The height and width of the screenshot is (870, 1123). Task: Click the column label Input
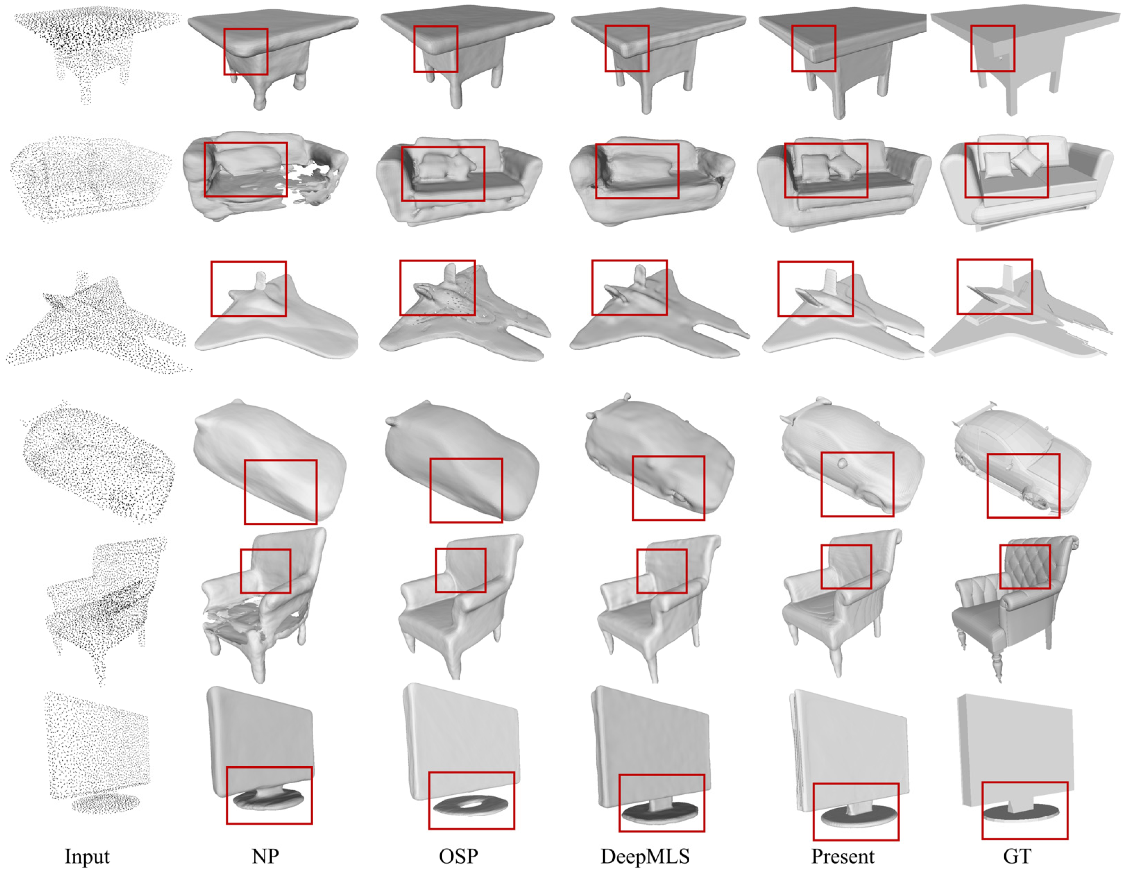click(x=87, y=856)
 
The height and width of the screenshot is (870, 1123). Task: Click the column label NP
click(x=265, y=856)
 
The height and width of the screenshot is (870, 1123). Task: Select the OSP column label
click(x=458, y=856)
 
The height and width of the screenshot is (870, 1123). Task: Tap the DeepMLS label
click(x=645, y=856)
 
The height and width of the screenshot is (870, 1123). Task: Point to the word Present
click(x=843, y=856)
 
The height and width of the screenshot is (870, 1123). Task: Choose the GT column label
click(x=1017, y=856)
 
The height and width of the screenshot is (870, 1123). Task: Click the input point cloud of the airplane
click(x=98, y=324)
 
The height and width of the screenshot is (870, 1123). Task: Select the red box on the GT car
click(x=1023, y=454)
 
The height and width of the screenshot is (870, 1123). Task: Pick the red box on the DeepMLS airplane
click(x=629, y=261)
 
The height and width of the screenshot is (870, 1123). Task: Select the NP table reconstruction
click(x=273, y=51)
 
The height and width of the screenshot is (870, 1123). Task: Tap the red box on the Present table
click(x=814, y=26)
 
